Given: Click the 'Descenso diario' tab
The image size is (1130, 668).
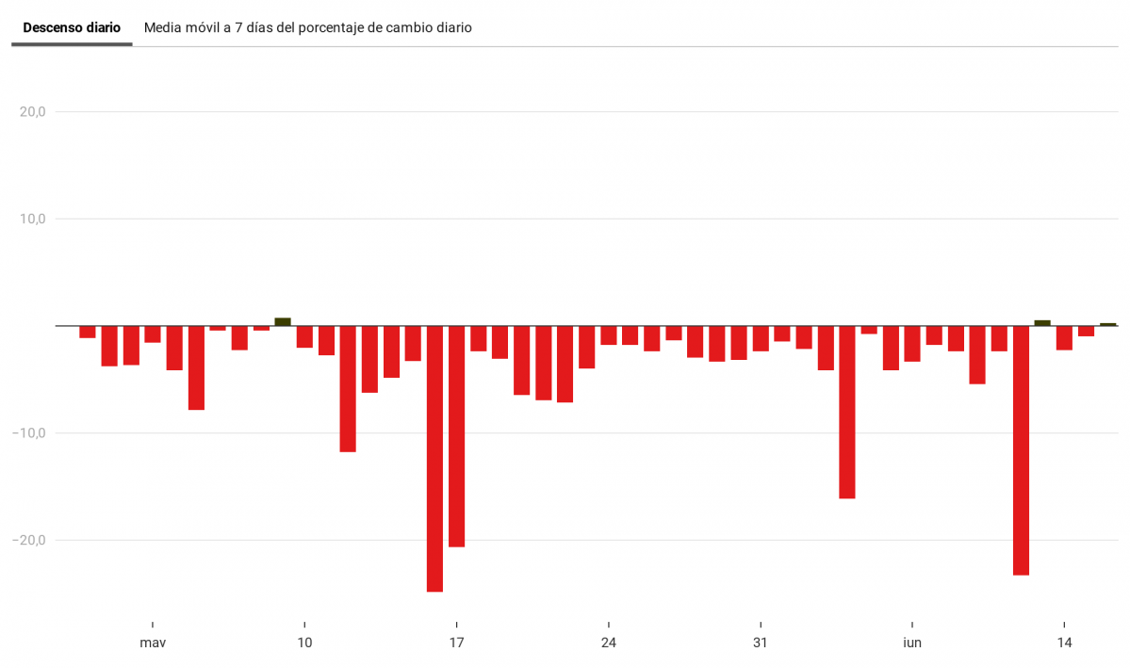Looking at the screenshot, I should click(x=72, y=28).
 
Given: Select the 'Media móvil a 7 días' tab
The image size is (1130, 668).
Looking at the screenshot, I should click(x=307, y=28).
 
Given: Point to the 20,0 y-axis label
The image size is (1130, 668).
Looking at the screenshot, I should click(x=33, y=112).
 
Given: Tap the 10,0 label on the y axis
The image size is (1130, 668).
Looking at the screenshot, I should click(x=33, y=219).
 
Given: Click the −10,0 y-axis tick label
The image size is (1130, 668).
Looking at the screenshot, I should click(x=29, y=433).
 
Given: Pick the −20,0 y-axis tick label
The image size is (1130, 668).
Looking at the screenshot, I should click(x=29, y=540).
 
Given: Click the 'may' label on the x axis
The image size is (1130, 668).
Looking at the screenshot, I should click(x=153, y=644).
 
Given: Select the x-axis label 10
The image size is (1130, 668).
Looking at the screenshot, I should click(x=304, y=644).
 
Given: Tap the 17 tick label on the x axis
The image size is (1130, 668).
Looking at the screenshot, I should click(x=456, y=644).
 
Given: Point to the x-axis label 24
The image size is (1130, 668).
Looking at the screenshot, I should click(x=608, y=644).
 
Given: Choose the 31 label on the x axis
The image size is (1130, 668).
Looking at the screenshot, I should click(x=760, y=644).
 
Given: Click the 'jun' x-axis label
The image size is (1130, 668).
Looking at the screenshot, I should click(x=911, y=644).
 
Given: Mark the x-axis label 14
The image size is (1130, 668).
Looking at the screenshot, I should click(x=1064, y=644).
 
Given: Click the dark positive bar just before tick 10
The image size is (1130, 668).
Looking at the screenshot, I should click(x=283, y=322).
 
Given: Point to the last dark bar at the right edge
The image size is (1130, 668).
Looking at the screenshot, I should click(x=1107, y=324).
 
